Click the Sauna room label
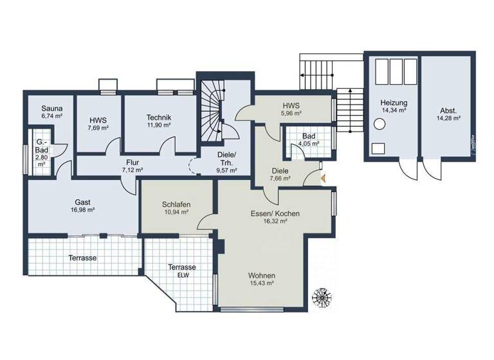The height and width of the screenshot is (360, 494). point(51,108)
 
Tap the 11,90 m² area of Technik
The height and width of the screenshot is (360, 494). point(158,125)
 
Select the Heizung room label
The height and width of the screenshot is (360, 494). point(393,102)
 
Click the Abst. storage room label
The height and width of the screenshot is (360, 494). point(448,110)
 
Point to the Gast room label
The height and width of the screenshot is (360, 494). point(82,201)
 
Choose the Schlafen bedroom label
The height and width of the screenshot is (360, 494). point(176,203)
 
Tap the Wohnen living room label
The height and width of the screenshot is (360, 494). point(261,275)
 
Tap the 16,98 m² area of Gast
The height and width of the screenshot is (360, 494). point(82,210)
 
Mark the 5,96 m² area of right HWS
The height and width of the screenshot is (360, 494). point(291,113)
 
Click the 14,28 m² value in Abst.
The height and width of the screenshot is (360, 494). point(448,118)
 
